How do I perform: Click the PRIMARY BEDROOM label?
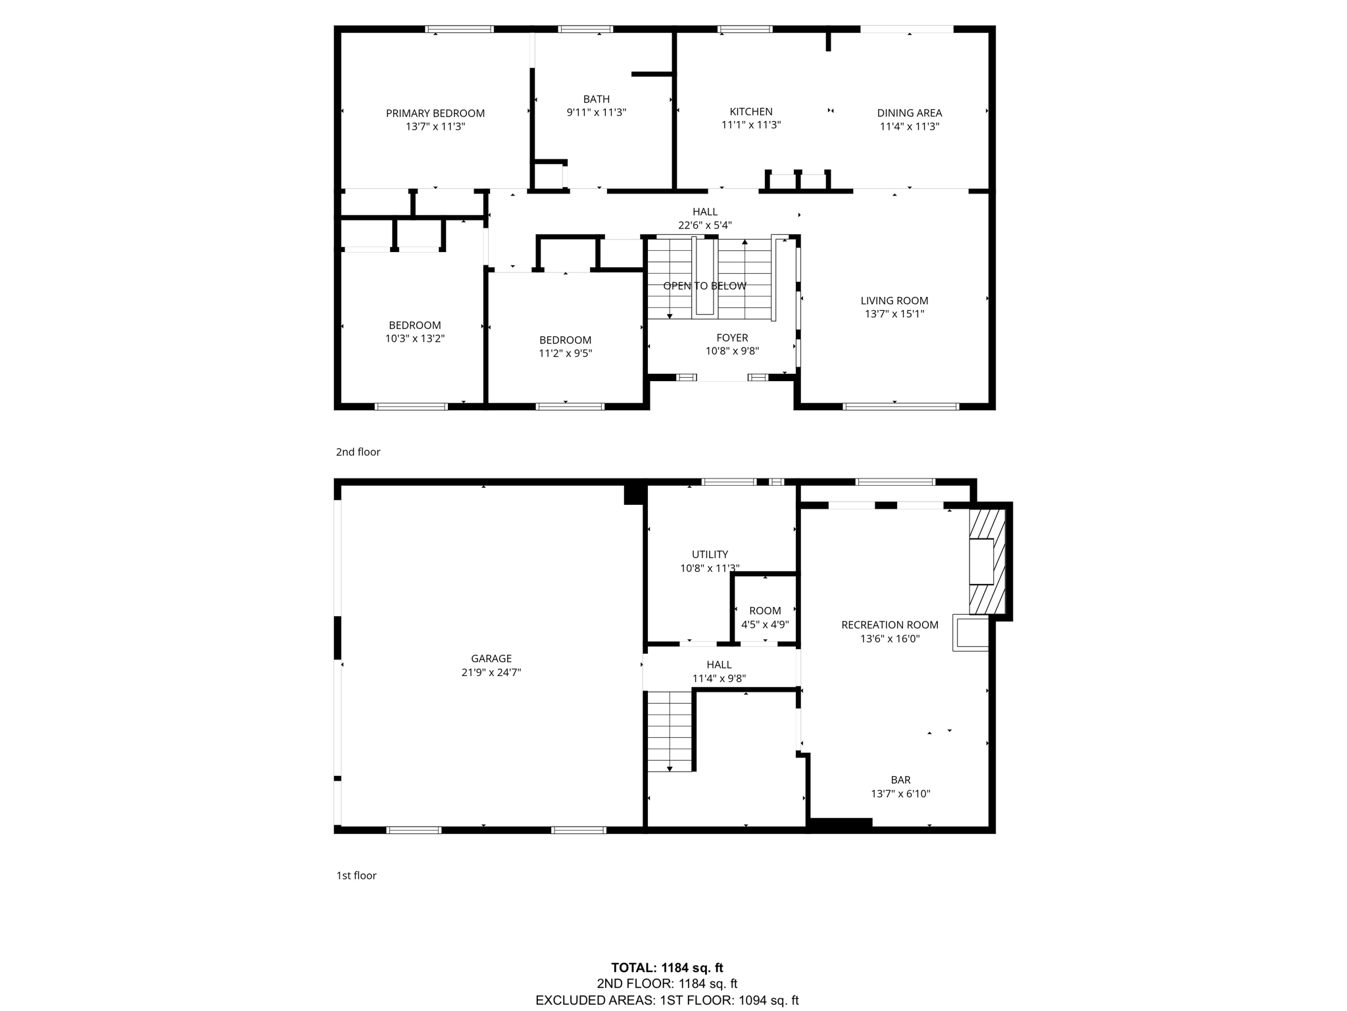(x=435, y=113)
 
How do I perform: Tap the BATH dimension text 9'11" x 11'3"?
(x=596, y=113)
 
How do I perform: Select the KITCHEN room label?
(x=750, y=112)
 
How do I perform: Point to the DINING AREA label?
(x=909, y=113)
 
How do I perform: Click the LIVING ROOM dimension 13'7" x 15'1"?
(x=894, y=314)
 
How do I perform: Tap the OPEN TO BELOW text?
(x=704, y=286)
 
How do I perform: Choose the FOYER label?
(x=732, y=338)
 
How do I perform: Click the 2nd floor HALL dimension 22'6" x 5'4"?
(x=704, y=225)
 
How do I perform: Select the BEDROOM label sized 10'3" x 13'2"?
(x=414, y=325)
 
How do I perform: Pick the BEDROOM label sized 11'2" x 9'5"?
(x=565, y=340)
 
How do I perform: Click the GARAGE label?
(x=491, y=658)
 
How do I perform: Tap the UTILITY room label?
(x=710, y=554)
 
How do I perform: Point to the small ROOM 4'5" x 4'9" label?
(x=765, y=611)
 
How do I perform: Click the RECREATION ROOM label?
(x=889, y=625)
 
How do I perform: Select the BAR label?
(x=900, y=780)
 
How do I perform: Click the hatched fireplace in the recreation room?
(x=988, y=561)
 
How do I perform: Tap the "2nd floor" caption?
(x=358, y=452)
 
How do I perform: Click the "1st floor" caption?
(x=356, y=875)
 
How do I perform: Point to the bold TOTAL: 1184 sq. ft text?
(x=667, y=968)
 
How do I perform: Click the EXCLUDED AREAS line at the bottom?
(x=667, y=1000)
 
